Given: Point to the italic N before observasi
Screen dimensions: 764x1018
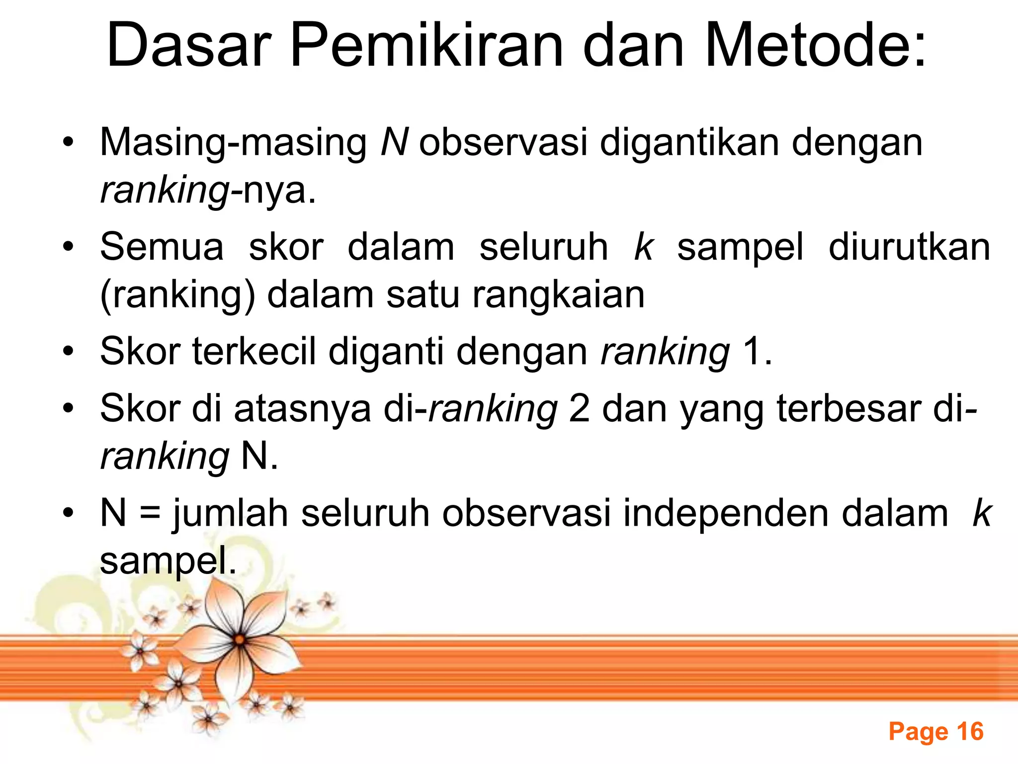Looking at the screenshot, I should pos(394,142).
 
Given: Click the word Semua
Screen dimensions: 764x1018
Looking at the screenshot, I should pos(162,247).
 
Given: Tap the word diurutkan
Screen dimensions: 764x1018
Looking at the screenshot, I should pos(909,247).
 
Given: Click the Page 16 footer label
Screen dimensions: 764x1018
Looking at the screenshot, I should pos(936,732).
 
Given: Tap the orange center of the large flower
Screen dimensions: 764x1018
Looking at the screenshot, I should pos(240,640).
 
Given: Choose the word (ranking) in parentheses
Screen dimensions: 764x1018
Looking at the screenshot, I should pos(177,295).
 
